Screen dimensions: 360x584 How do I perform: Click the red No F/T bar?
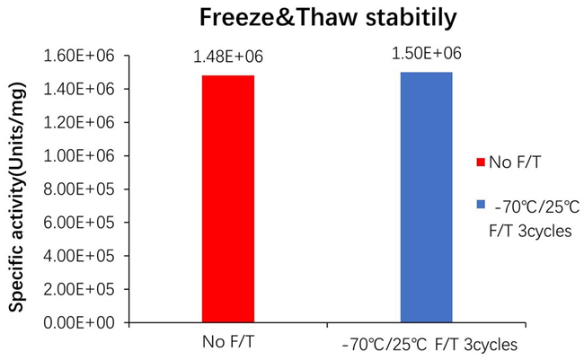pyautogui.click(x=227, y=198)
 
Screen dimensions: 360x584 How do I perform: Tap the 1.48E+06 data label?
pyautogui.click(x=228, y=57)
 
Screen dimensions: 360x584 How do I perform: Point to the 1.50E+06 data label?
pyautogui.click(x=427, y=54)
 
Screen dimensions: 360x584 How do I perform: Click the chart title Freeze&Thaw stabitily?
pyautogui.click(x=292, y=19)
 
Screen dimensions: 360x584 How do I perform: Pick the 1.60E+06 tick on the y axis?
pyautogui.click(x=78, y=56)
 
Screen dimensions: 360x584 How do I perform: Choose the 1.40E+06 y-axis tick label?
pyautogui.click(x=78, y=89)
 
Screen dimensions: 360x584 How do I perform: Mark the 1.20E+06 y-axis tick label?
pyautogui.click(x=78, y=122)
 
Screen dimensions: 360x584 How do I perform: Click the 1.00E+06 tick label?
pyautogui.click(x=78, y=155)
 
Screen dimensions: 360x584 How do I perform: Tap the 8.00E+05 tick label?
pyautogui.click(x=78, y=189)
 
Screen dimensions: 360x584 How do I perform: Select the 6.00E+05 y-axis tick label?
pyautogui.click(x=78, y=222)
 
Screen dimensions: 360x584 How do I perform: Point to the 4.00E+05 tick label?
pyautogui.click(x=78, y=255)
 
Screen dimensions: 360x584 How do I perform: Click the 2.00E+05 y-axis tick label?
pyautogui.click(x=78, y=288)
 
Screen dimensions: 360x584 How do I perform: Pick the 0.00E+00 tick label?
pyautogui.click(x=78, y=321)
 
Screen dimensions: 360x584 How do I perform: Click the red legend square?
pyautogui.click(x=482, y=163)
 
